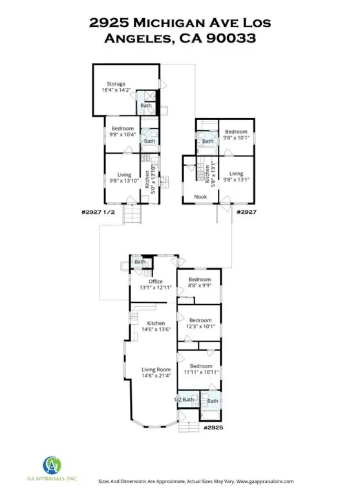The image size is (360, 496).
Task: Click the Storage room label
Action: (116, 84)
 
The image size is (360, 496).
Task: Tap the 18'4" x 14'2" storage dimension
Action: (116, 90)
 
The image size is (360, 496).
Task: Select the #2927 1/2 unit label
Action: (98, 212)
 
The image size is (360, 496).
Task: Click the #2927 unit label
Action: (246, 212)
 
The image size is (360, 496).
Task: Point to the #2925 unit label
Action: (213, 428)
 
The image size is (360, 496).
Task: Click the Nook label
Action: (200, 197)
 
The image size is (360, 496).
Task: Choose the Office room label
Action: (156, 281)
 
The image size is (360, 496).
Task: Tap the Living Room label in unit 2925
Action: (156, 369)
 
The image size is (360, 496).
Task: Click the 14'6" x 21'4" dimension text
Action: (156, 376)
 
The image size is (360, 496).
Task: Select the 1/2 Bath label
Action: (184, 400)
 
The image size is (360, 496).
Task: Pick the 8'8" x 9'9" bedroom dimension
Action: (200, 285)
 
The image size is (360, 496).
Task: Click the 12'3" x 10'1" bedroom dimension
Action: (200, 326)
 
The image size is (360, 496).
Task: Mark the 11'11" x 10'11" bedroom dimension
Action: (201, 372)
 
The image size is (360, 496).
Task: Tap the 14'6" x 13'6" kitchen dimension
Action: (156, 329)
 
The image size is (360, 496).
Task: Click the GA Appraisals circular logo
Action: (52, 466)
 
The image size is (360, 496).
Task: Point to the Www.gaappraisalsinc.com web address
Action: (265, 481)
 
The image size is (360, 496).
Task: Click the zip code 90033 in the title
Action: (231, 38)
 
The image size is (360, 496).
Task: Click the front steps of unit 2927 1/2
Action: (132, 214)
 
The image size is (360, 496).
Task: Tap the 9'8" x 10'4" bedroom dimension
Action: (123, 134)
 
